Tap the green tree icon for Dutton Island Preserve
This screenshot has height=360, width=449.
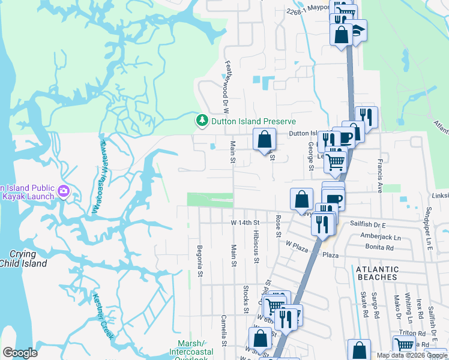[x=203, y=121]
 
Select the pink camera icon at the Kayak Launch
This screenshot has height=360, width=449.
[x=64, y=192]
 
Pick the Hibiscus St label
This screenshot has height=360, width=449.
[x=256, y=247]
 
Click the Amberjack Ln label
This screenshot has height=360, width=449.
[x=382, y=238]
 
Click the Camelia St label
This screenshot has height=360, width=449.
[x=223, y=331]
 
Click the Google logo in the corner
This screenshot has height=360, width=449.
[x=20, y=353]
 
